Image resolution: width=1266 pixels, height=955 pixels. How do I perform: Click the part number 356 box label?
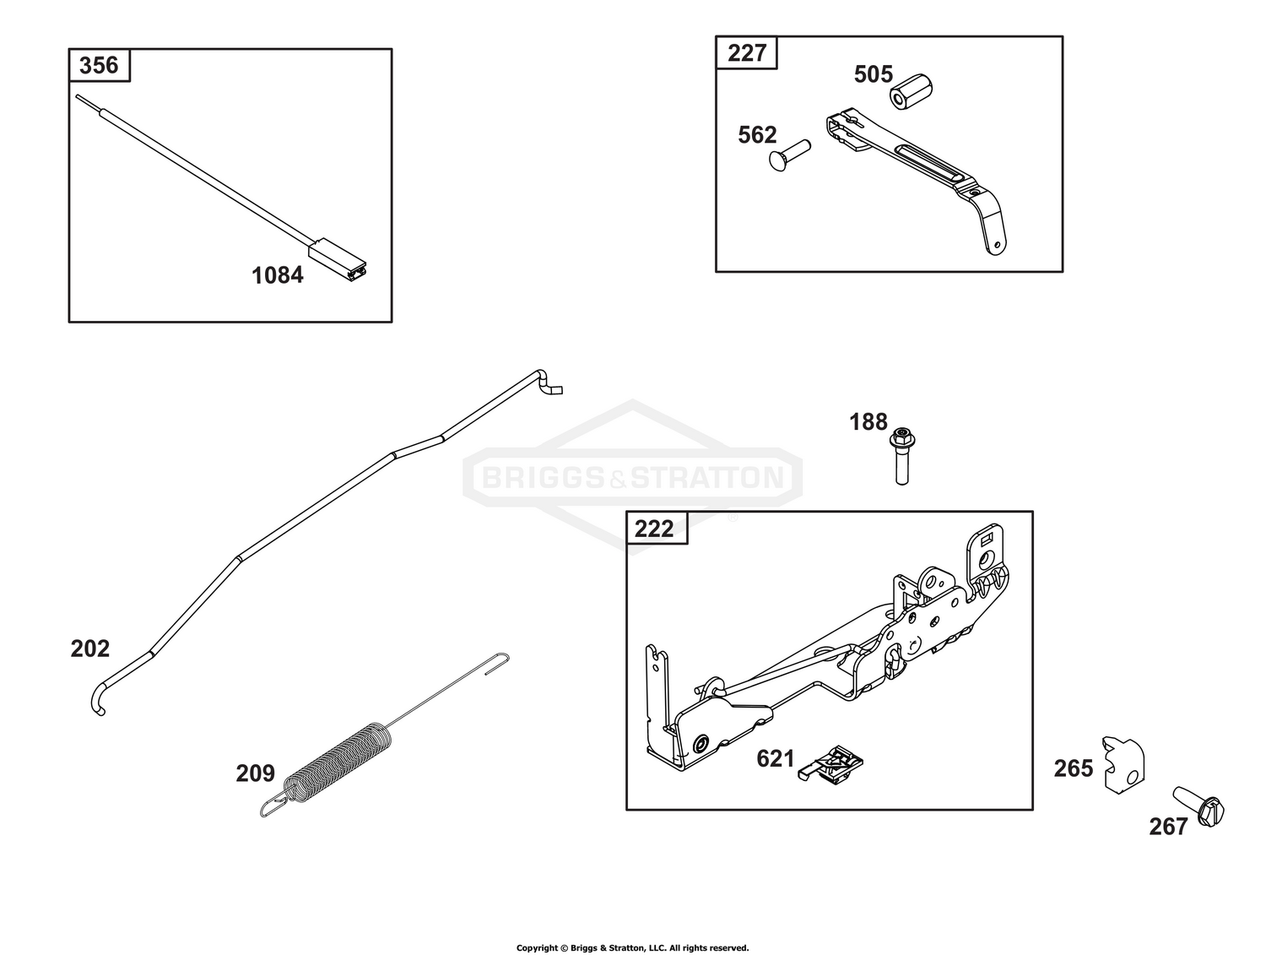click(x=99, y=65)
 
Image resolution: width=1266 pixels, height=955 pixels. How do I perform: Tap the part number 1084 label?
click(x=278, y=275)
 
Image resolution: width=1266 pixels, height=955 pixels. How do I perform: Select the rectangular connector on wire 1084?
click(x=338, y=260)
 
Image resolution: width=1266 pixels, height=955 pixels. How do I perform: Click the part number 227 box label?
click(x=747, y=53)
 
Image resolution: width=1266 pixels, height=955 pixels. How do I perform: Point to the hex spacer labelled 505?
click(x=912, y=92)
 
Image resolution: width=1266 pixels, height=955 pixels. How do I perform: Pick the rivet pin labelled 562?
click(x=790, y=155)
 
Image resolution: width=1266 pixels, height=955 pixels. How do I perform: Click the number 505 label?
click(x=874, y=74)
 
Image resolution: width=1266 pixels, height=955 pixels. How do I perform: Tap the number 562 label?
click(x=757, y=135)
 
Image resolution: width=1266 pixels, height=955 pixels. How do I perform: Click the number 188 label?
click(x=868, y=422)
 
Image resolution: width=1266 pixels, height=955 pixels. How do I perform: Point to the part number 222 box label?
click(x=654, y=529)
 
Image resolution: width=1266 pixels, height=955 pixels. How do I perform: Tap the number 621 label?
click(x=775, y=759)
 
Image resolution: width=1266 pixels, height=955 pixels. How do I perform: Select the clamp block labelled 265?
click(x=1123, y=764)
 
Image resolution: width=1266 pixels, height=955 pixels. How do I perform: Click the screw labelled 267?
click(x=1198, y=806)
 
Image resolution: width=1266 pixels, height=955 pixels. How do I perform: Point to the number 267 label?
click(x=1168, y=827)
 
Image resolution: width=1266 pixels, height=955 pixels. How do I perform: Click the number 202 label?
click(x=90, y=648)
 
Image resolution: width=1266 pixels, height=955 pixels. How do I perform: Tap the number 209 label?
click(x=256, y=773)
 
